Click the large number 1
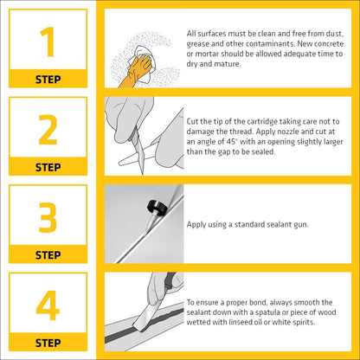point(48,42)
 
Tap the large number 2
point(48,130)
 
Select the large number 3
point(48,217)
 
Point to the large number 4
point(48,305)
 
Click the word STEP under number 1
point(48,80)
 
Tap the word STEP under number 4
point(48,343)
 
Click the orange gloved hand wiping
point(136,72)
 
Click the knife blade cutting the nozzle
point(139,154)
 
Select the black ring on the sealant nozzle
point(157,207)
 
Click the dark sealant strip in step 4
point(145,325)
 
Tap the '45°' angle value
point(231,142)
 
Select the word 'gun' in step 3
point(301,225)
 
